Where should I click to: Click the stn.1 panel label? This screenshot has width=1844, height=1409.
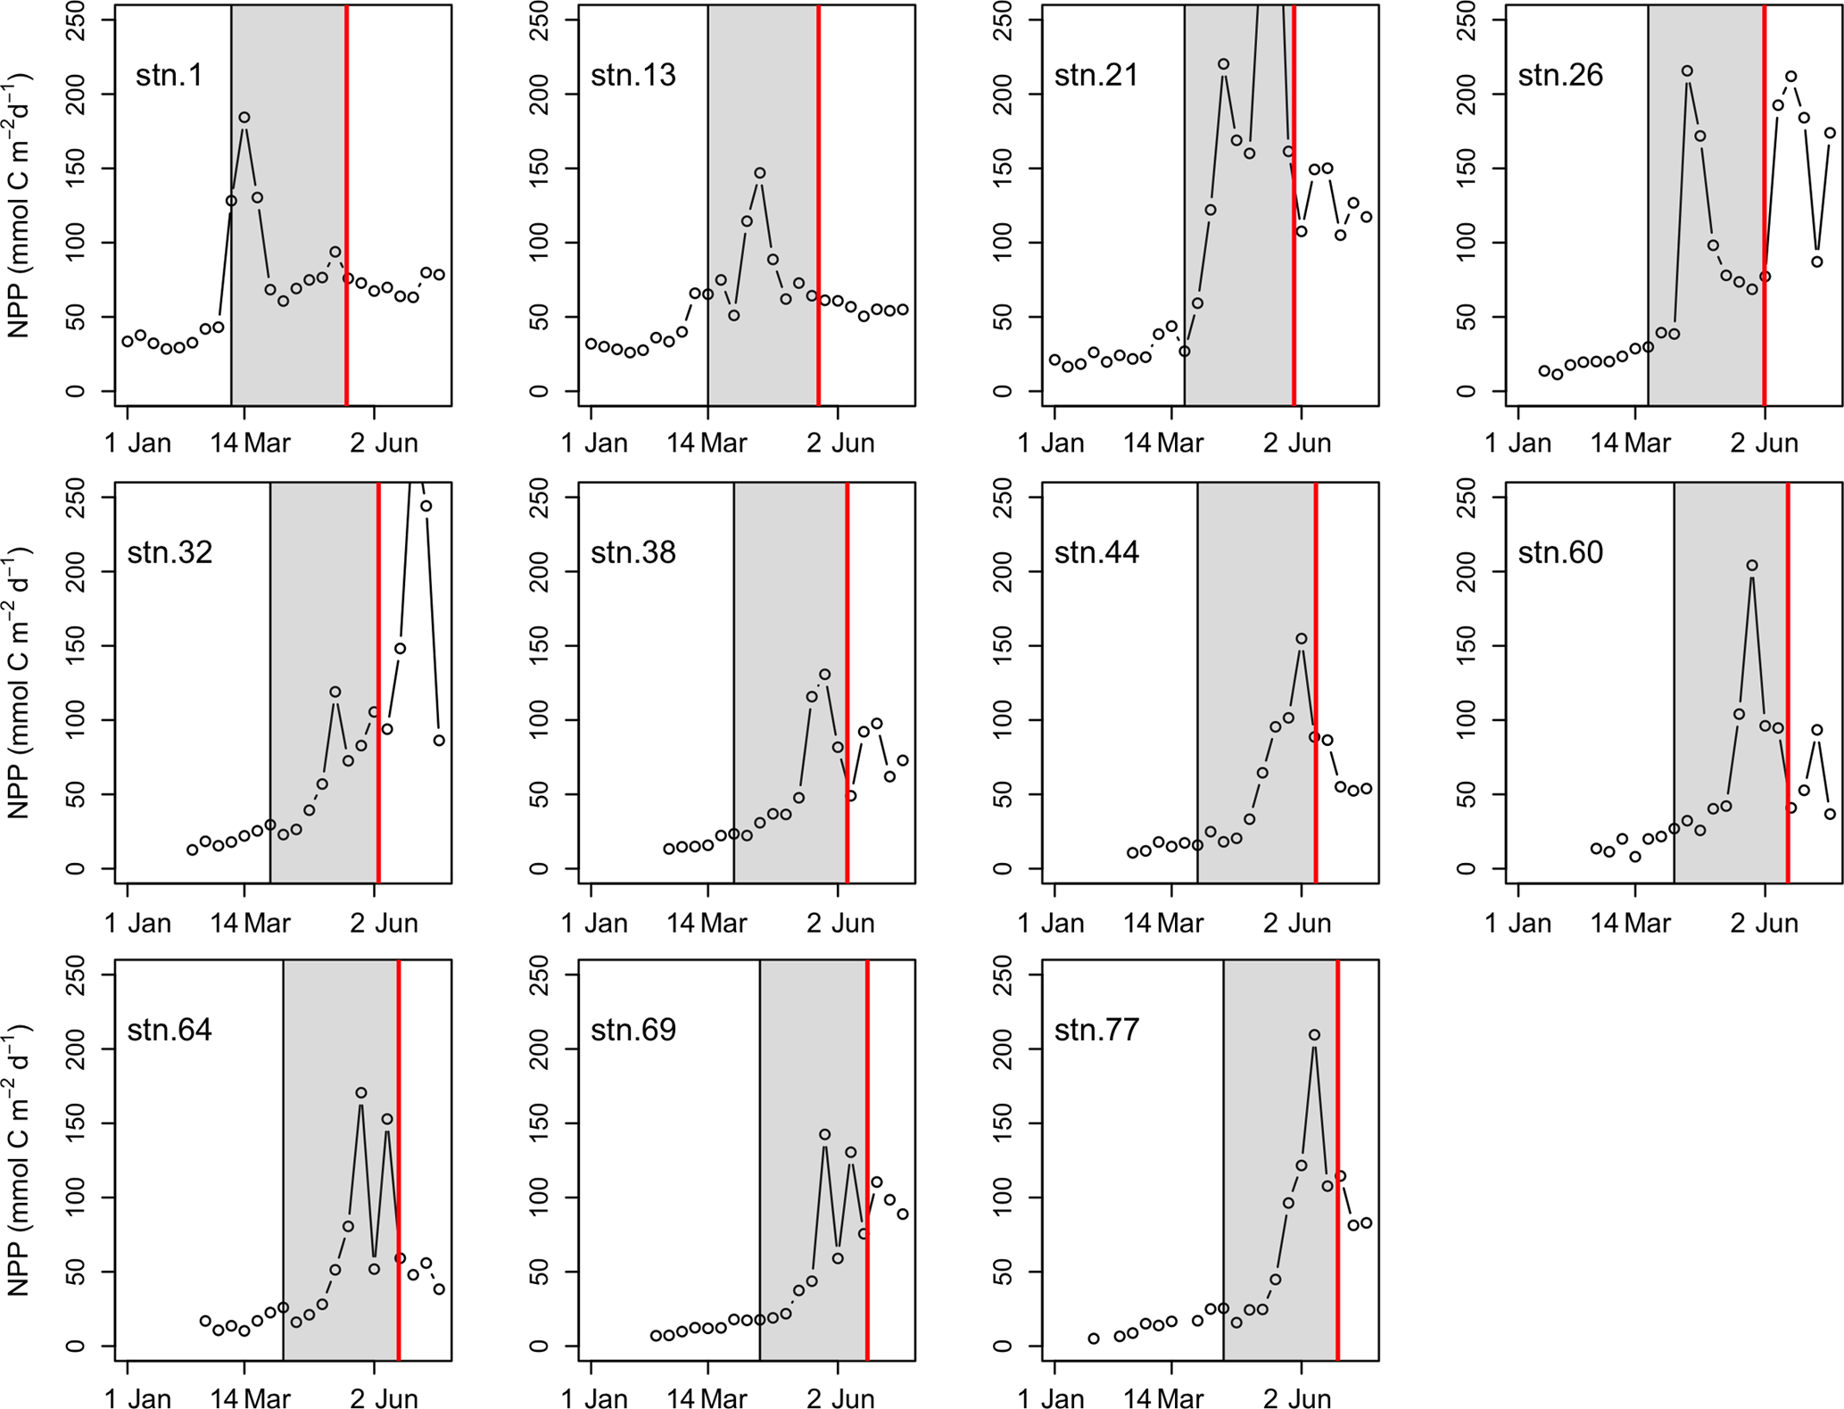pyautogui.click(x=170, y=75)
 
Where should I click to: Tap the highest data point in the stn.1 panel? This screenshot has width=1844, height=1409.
pyautogui.click(x=244, y=118)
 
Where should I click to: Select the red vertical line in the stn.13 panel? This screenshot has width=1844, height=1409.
pyautogui.click(x=818, y=205)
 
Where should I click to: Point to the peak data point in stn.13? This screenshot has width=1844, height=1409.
pyautogui.click(x=760, y=173)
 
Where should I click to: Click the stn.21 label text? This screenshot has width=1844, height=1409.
pyautogui.click(x=1096, y=75)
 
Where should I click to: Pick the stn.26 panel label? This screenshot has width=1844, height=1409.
pyautogui.click(x=1560, y=75)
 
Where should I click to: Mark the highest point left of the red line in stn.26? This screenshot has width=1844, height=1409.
pyautogui.click(x=1687, y=71)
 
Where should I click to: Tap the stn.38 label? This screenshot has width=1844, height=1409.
pyautogui.click(x=633, y=552)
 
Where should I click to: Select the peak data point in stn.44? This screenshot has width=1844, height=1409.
pyautogui.click(x=1302, y=639)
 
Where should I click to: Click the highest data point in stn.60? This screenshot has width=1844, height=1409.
pyautogui.click(x=1752, y=566)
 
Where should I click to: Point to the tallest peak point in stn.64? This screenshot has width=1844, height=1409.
pyautogui.click(x=361, y=1093)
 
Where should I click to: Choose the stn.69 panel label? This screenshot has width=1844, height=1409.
pyautogui.click(x=633, y=1030)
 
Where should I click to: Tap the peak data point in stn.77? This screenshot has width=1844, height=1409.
pyautogui.click(x=1314, y=1035)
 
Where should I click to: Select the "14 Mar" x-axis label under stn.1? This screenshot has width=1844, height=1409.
pyautogui.click(x=251, y=443)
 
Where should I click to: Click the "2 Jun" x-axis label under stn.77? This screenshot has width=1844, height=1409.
pyautogui.click(x=1297, y=1399)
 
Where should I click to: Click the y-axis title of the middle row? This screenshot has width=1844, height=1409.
pyautogui.click(x=20, y=683)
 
